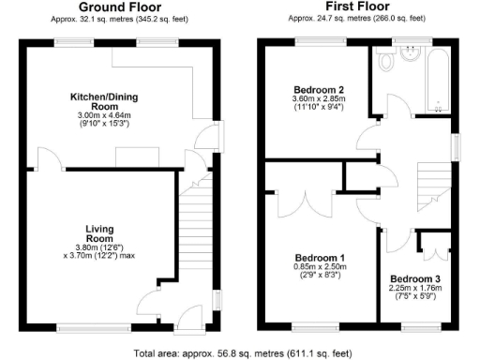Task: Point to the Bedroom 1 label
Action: [x=320, y=257]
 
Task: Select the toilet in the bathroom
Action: [x=385, y=62]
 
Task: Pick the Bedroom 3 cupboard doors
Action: [x=432, y=246]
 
